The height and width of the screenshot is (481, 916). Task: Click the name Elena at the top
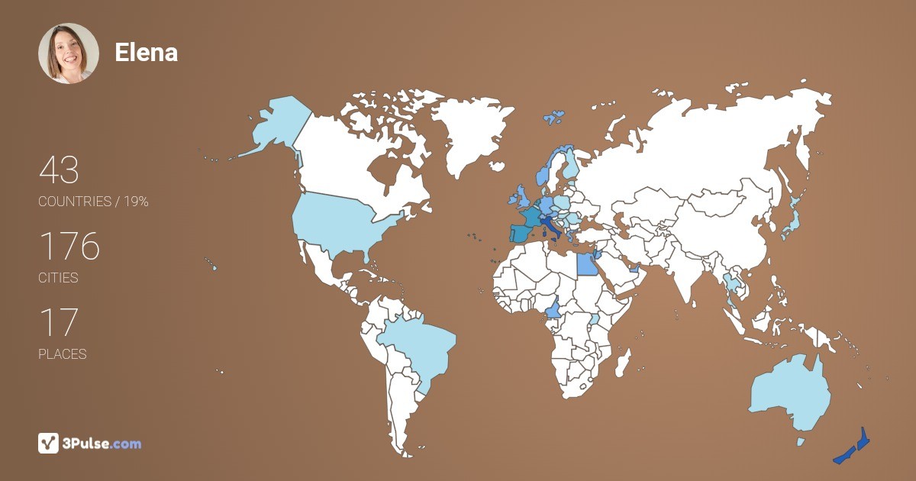(146, 52)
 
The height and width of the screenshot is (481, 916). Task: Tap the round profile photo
(69, 53)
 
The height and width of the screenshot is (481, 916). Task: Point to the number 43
(59, 170)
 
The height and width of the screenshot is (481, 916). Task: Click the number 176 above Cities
(69, 247)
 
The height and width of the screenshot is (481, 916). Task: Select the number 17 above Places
(58, 323)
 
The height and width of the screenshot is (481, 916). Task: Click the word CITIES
(58, 278)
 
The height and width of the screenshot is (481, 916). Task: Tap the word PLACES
(63, 354)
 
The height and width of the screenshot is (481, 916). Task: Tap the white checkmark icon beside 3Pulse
(48, 443)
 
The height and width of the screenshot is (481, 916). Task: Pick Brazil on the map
(416, 347)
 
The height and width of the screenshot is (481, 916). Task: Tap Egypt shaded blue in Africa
(585, 264)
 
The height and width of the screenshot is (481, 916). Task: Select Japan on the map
(792, 221)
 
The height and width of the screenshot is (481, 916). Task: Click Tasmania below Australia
(801, 441)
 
